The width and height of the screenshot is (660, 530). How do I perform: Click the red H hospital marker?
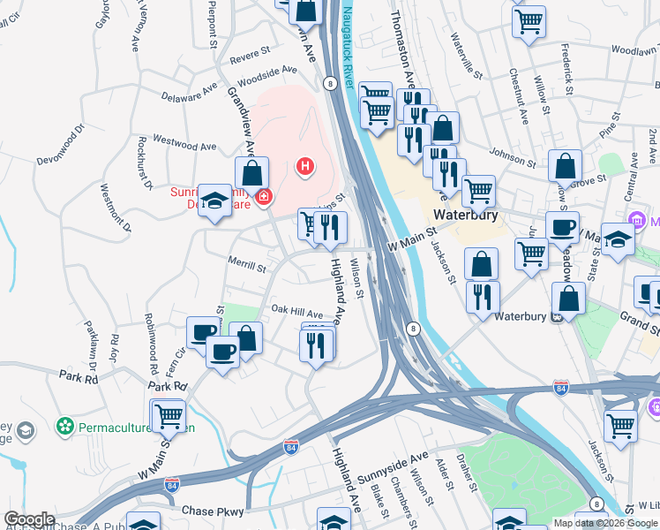click(305, 166)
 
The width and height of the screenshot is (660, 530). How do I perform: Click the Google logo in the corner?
click(29, 519)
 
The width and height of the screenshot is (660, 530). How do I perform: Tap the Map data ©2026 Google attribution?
click(605, 523)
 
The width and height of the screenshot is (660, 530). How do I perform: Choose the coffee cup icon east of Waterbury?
click(562, 227)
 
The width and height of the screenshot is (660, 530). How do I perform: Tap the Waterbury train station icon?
click(557, 317)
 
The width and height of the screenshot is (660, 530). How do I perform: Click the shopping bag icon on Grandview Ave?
click(252, 172)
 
